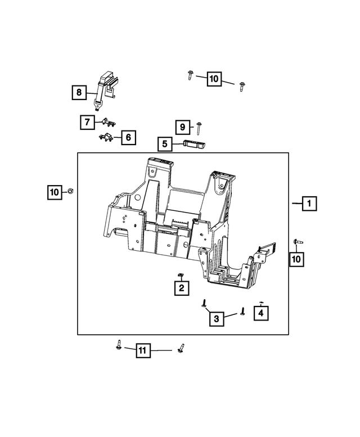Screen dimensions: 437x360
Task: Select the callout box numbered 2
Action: tap(181, 289)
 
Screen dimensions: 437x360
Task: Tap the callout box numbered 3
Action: tap(216, 319)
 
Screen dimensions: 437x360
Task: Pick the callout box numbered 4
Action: tap(260, 312)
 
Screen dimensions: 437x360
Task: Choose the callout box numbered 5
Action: tap(165, 145)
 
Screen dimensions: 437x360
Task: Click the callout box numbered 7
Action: tap(87, 121)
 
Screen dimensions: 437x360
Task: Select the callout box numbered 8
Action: tap(79, 92)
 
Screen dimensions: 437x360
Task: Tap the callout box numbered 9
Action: tap(182, 128)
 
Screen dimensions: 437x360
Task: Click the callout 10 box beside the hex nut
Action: tap(54, 193)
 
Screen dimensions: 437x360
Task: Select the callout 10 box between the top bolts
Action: tap(214, 79)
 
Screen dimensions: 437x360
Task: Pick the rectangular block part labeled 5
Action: tap(194, 144)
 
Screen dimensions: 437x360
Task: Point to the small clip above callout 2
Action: tap(181, 274)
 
